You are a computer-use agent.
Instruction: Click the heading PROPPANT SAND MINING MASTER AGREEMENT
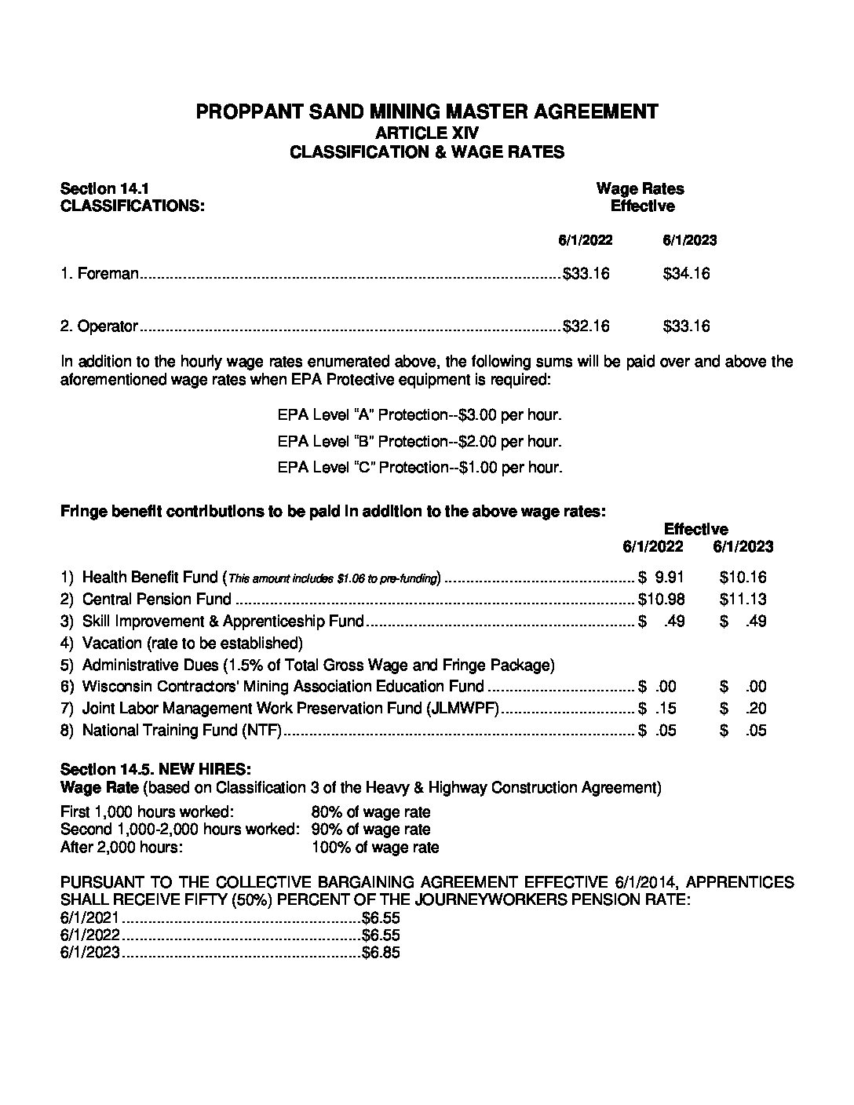coord(426,111)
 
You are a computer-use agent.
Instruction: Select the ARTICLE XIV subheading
coord(426,133)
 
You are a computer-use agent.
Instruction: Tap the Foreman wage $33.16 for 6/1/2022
coord(586,274)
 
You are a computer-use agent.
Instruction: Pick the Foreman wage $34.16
coord(686,274)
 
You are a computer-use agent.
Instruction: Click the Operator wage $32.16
coord(586,326)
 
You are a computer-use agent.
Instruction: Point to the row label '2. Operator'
coord(100,326)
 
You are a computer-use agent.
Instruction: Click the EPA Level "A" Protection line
coord(419,415)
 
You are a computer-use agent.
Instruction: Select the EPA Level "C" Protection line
coord(419,467)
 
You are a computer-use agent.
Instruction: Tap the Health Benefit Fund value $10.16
coord(743,578)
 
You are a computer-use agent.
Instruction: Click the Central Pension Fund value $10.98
coord(662,600)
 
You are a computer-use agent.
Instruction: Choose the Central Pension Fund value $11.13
coord(743,600)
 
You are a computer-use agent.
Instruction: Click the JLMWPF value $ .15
coord(659,709)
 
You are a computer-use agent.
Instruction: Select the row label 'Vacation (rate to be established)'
coord(192,644)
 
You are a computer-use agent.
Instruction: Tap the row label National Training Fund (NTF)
coord(181,731)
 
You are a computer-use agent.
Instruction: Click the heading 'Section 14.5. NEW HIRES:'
coord(155,768)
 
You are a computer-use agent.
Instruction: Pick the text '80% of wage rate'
coord(370,812)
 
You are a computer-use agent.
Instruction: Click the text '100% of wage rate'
coord(374,848)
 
